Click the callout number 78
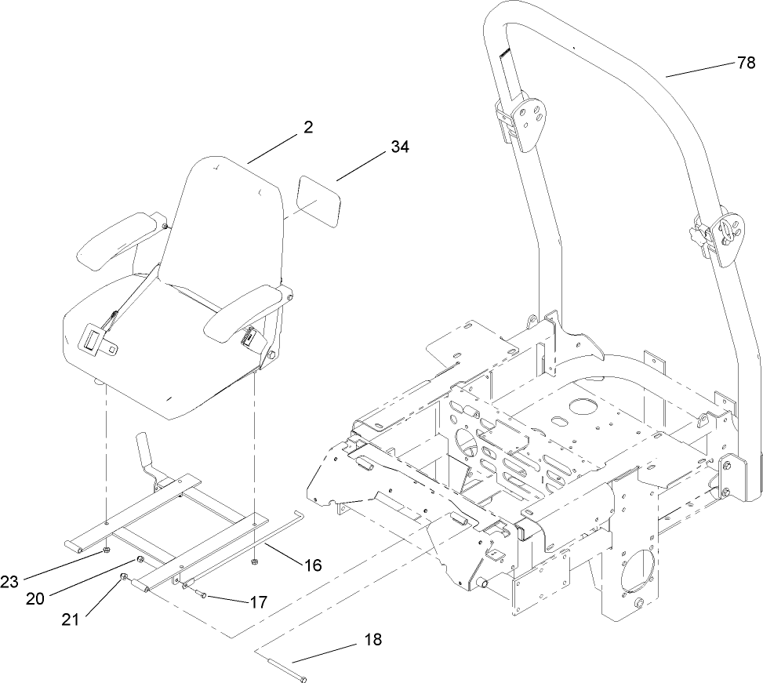pyautogui.click(x=746, y=64)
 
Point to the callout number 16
pyautogui.click(x=312, y=565)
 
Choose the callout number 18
pyautogui.click(x=372, y=640)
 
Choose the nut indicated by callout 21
pyautogui.click(x=125, y=578)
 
